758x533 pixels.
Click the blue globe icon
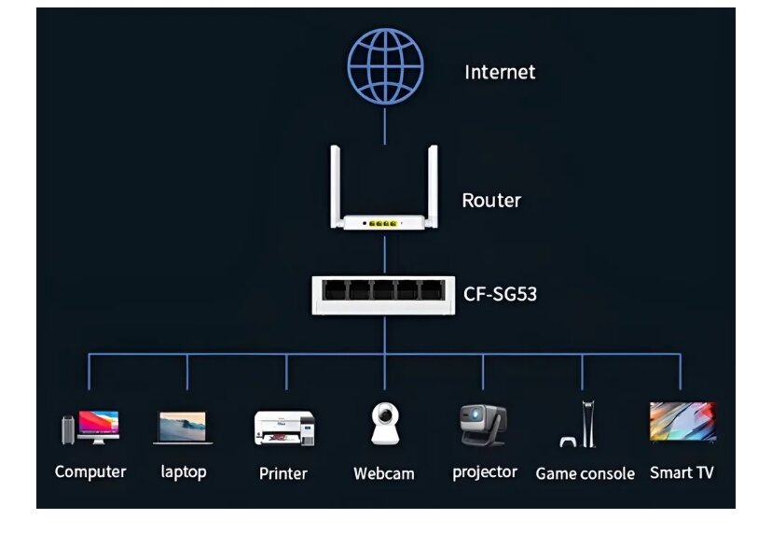click(385, 64)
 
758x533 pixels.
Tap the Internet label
click(500, 72)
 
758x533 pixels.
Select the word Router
click(491, 200)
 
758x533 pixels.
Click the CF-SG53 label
click(501, 295)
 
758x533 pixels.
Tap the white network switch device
click(384, 293)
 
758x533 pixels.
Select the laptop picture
click(183, 428)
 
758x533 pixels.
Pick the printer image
click(284, 428)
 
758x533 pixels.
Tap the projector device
click(483, 424)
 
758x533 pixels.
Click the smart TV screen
click(682, 422)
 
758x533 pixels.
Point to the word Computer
click(90, 471)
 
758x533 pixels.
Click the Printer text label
click(283, 473)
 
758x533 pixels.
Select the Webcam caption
click(384, 473)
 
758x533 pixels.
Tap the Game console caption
click(585, 473)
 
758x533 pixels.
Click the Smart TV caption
click(682, 472)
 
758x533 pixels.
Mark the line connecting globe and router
click(385, 124)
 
